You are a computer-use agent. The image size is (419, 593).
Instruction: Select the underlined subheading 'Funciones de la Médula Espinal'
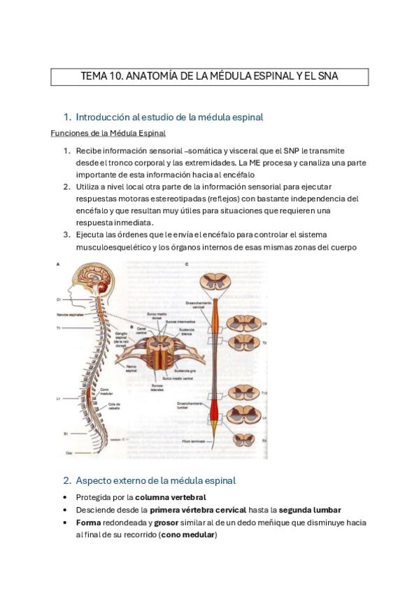pos(108,133)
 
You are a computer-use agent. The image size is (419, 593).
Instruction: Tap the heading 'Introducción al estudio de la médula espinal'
pos(169,117)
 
